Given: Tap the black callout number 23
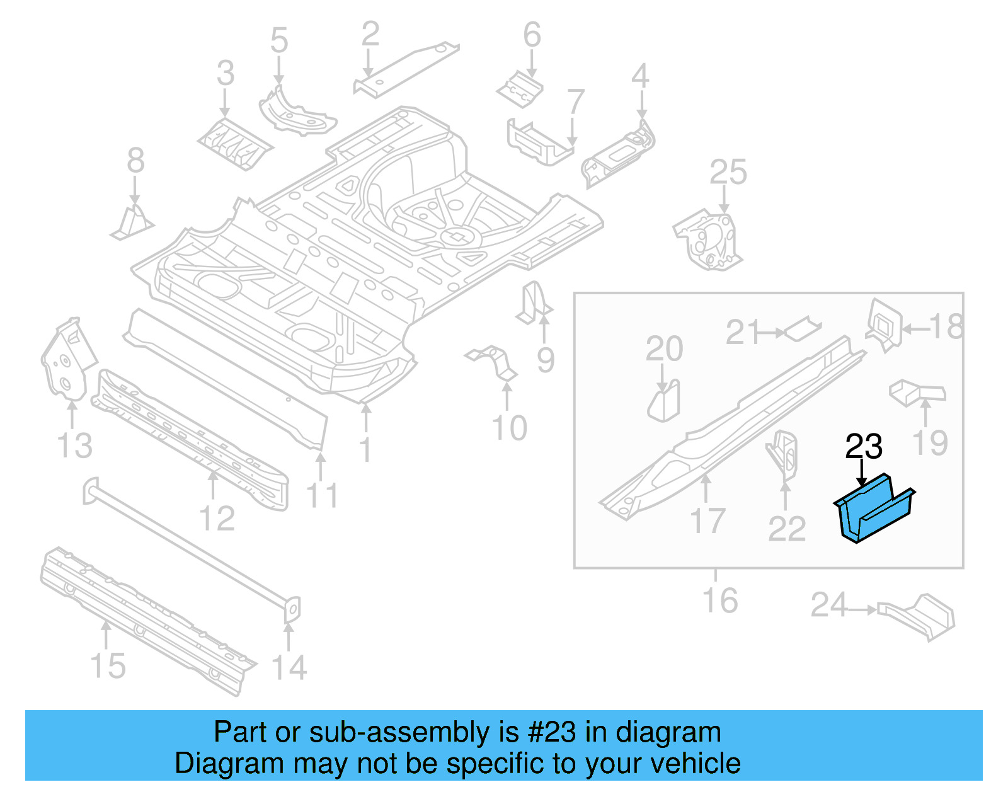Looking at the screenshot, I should pyautogui.click(x=863, y=447).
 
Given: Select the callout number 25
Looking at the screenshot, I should pyautogui.click(x=728, y=172).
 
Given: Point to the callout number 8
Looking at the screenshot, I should pyautogui.click(x=135, y=161).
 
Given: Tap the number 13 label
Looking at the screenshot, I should pyautogui.click(x=74, y=445).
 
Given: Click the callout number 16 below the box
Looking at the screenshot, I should pyautogui.click(x=719, y=600).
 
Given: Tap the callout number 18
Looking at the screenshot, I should pyautogui.click(x=946, y=327).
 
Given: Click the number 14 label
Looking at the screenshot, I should pyautogui.click(x=289, y=667).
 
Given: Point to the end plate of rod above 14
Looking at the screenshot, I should pyautogui.click(x=290, y=609).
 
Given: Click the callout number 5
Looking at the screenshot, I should pyautogui.click(x=279, y=40).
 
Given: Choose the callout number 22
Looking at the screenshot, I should pyautogui.click(x=786, y=529).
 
